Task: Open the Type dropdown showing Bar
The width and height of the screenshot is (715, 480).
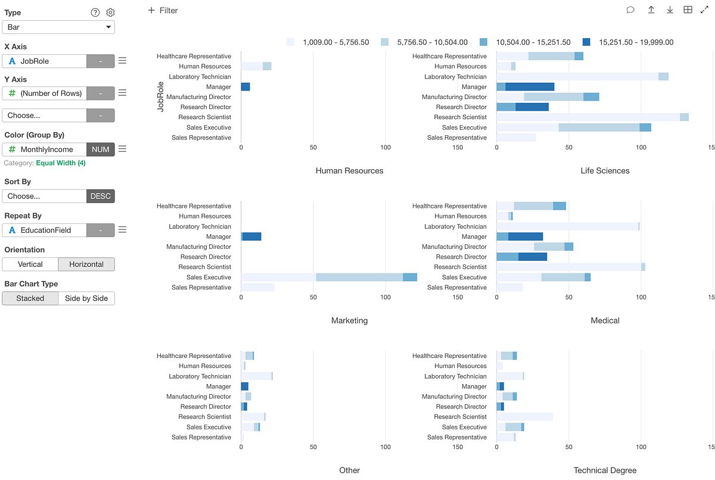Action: coord(58,27)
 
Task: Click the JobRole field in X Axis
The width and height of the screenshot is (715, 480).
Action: coord(45,61)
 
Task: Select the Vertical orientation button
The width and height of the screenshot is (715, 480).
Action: coord(30,264)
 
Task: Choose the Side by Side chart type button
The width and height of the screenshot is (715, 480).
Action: coord(86,298)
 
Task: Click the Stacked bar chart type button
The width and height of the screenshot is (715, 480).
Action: coord(30,298)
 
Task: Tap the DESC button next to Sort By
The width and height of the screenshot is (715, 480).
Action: coord(101,196)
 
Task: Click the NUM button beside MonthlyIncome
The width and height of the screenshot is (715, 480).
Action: coord(101,149)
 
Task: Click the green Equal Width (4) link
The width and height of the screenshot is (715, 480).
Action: coord(61,163)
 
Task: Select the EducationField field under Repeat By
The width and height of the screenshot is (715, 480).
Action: coord(45,230)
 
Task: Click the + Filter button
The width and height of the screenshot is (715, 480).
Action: coord(163,10)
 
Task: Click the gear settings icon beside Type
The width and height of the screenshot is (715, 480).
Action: coord(110,13)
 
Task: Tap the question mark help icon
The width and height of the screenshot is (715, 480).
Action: coord(95,13)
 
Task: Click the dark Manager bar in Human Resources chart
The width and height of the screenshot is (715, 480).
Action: coord(245,87)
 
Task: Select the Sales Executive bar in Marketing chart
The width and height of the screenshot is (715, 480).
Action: coord(328,277)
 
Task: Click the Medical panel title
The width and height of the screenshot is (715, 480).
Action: coord(605,320)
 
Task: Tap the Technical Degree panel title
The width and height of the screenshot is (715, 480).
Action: coord(605,470)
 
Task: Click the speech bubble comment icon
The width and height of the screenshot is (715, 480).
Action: coord(630,10)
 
